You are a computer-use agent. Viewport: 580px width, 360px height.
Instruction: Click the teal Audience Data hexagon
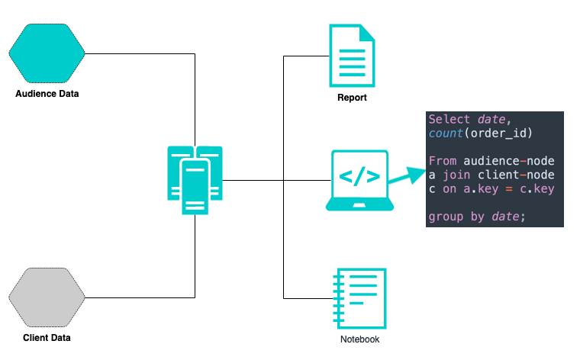click(47, 53)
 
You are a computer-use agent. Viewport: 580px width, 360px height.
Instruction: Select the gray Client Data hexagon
click(47, 297)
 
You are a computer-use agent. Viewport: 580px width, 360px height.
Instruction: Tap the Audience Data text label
click(47, 94)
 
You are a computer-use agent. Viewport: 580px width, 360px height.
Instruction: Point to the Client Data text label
click(47, 338)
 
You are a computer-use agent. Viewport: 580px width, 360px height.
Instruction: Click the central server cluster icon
click(195, 180)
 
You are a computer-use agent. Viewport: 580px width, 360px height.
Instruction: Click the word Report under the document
click(352, 98)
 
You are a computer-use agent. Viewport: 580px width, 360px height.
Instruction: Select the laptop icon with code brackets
click(359, 180)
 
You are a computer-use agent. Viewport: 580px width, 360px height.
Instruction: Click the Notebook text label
click(359, 339)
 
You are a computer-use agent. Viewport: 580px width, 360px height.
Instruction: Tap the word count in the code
click(446, 134)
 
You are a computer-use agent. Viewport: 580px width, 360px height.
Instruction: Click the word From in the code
click(442, 161)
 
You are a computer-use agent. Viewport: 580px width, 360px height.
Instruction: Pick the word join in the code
click(456, 175)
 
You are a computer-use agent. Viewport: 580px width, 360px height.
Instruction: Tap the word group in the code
click(446, 217)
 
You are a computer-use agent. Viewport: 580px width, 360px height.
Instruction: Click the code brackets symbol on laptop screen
click(359, 177)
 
